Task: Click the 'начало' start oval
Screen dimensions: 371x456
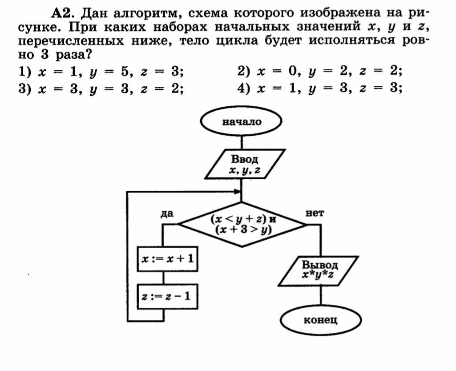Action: click(x=242, y=122)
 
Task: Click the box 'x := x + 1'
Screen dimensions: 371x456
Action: click(x=167, y=258)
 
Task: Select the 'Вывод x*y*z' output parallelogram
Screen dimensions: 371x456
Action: click(x=318, y=270)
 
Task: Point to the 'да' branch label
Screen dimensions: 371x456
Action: click(x=167, y=214)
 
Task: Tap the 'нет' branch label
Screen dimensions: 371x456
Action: click(x=315, y=214)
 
